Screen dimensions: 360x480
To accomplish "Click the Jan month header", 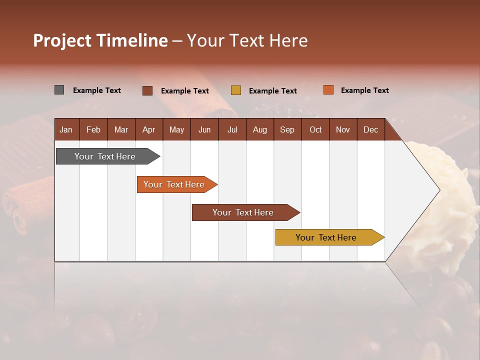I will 66,129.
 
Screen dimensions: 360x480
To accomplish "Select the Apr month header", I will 149,129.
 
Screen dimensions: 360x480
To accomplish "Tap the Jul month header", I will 232,129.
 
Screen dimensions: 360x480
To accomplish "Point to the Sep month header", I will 287,129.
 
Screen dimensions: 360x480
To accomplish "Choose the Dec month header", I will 370,129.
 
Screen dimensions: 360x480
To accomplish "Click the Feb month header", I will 93,129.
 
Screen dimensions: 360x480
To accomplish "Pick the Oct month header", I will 315,129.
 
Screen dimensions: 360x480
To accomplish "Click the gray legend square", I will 59,90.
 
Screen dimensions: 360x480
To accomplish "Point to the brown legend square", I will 147,90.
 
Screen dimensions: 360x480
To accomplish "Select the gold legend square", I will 236,90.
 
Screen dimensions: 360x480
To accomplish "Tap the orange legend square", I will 328,90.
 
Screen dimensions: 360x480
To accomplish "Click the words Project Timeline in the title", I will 100,40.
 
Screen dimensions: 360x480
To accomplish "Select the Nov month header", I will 343,129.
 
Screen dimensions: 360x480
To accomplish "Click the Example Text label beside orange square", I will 364,90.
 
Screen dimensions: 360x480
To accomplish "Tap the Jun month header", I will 204,129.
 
